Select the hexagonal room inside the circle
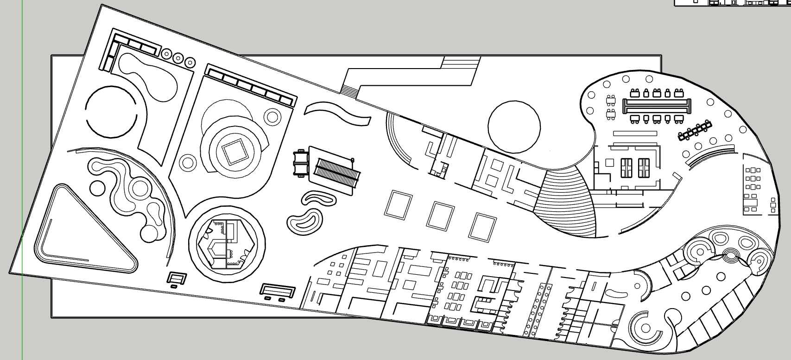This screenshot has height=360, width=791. [x=226, y=243]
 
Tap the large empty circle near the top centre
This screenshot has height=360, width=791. [x=514, y=126]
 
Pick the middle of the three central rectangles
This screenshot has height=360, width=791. [x=439, y=215]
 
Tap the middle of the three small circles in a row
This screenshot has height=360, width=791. [x=177, y=58]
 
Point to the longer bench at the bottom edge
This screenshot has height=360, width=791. [x=277, y=291]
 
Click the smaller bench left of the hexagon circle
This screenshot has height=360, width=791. [x=177, y=278]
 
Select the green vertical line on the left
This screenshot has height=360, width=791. [x=22, y=185]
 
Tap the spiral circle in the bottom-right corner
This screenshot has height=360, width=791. [x=645, y=329]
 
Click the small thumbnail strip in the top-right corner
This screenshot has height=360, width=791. [x=732, y=3]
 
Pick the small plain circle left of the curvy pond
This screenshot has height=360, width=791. [x=97, y=188]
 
